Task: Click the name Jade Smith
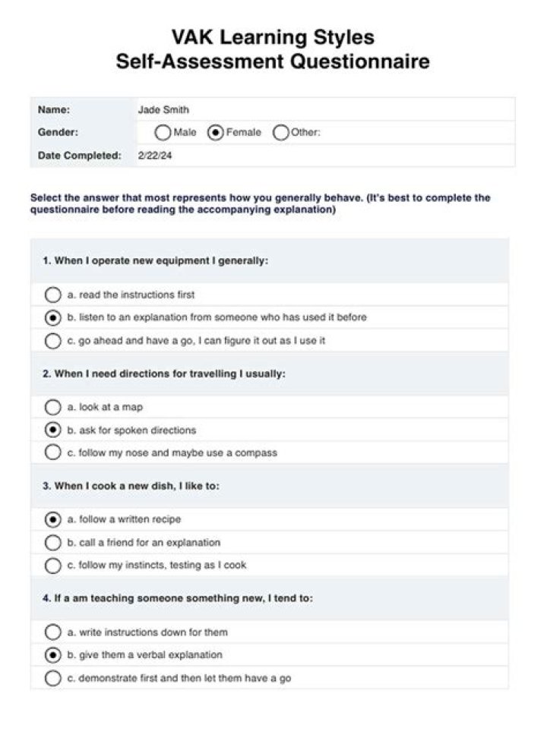[x=163, y=110]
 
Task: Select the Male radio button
[x=163, y=133]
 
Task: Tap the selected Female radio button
[x=216, y=133]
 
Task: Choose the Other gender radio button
[x=280, y=133]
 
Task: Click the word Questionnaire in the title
[x=356, y=61]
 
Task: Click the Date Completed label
[x=79, y=156]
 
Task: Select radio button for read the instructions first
[x=52, y=295]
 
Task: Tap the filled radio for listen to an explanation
[x=52, y=317]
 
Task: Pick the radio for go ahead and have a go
[x=52, y=341]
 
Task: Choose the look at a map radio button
[x=52, y=407]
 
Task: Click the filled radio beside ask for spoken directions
[x=52, y=430]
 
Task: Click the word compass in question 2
[x=258, y=453]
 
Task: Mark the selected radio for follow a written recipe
[x=52, y=520]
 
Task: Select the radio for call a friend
[x=52, y=543]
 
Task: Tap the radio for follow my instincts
[x=52, y=565]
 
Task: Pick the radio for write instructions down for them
[x=52, y=632]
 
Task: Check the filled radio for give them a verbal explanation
[x=52, y=654]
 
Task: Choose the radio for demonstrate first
[x=52, y=678]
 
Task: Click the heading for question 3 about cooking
[x=131, y=486]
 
